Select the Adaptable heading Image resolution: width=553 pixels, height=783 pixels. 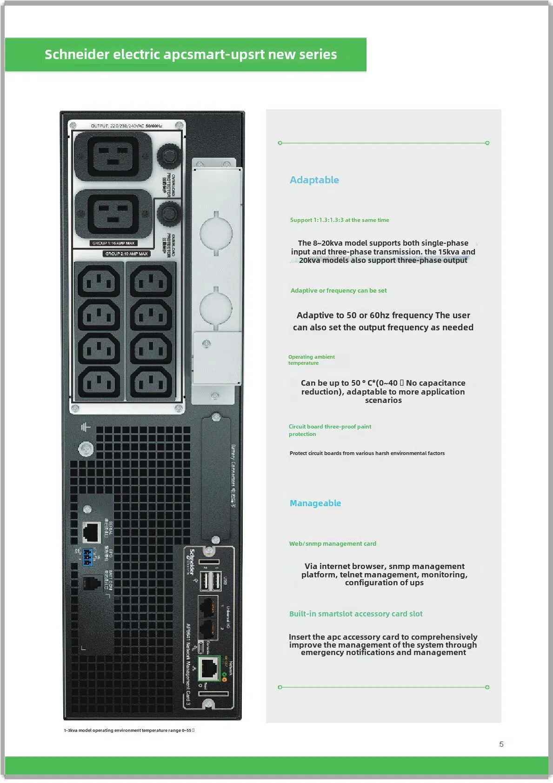(314, 180)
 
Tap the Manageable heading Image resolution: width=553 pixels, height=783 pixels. (315, 503)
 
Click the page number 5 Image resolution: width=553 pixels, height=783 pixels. (501, 744)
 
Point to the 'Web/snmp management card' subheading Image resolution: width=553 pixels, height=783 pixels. (333, 543)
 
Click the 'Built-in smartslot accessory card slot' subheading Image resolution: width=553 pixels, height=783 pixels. (356, 614)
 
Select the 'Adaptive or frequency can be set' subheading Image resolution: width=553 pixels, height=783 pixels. (339, 290)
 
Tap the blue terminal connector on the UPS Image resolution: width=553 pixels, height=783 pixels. (87, 557)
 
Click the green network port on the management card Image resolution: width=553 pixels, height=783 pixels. (209, 668)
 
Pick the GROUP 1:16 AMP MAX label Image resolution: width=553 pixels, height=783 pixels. (113, 243)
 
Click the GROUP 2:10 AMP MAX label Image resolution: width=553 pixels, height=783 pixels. (127, 254)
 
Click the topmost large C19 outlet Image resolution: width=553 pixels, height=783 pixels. (113, 156)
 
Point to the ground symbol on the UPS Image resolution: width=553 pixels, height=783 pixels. (86, 427)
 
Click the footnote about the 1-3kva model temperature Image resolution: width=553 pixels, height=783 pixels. (129, 730)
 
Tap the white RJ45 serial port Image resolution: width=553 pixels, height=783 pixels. (92, 532)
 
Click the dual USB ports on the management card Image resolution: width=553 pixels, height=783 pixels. (210, 581)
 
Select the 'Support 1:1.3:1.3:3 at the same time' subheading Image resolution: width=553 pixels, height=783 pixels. (340, 220)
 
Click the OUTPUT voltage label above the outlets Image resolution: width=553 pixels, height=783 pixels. (126, 126)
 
